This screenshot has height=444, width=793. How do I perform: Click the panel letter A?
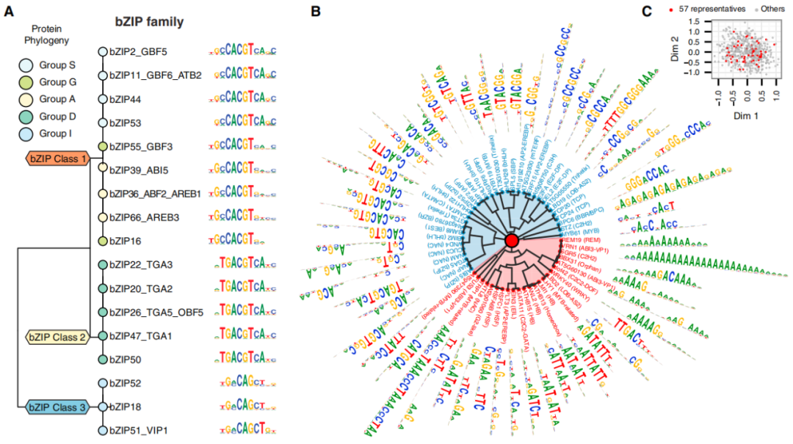10,12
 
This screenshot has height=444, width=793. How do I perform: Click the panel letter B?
315,12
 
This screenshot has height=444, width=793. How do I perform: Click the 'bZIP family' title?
148,22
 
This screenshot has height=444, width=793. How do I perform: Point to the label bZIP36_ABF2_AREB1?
155,194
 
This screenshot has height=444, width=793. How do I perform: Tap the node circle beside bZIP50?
103,360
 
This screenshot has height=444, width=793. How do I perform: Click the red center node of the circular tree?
512,241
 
